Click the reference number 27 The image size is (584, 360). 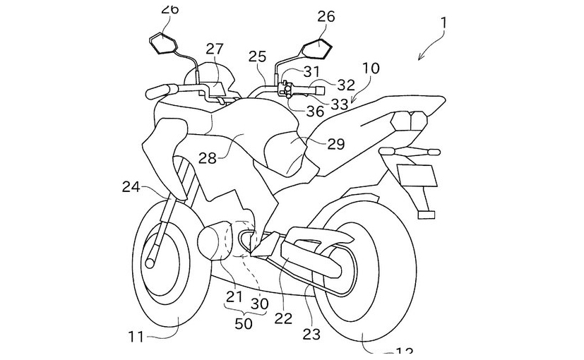pyautogui.click(x=215, y=49)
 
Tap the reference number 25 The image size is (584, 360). pyautogui.click(x=258, y=56)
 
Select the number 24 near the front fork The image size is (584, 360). pyautogui.click(x=131, y=187)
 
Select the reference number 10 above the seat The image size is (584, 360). pyautogui.click(x=370, y=68)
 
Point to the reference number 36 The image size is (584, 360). pyautogui.click(x=315, y=111)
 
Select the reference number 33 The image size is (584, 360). pyautogui.click(x=340, y=104)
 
